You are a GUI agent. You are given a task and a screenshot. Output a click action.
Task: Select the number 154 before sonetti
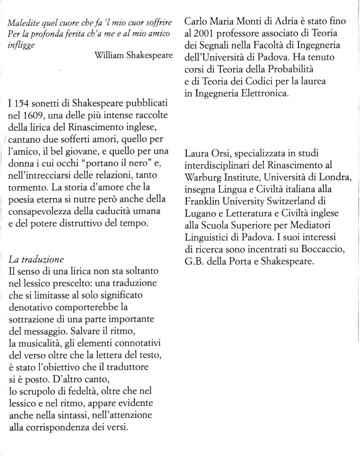pos(21,104)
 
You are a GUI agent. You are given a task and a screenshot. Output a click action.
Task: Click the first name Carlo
pos(196,23)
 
